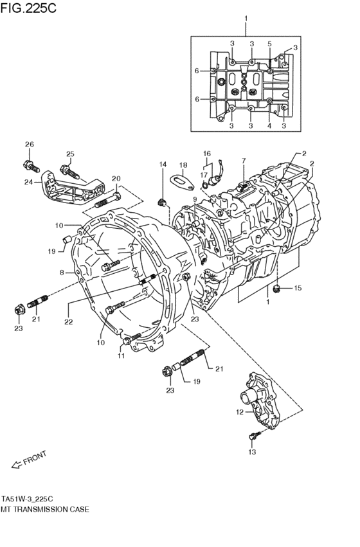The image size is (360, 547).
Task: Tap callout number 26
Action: [29, 144]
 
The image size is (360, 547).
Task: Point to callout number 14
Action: [163, 165]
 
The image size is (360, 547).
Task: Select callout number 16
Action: [206, 154]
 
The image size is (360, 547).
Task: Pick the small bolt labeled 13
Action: [252, 437]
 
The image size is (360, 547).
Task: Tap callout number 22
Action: [68, 321]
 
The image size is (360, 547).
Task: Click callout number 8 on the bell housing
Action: [62, 273]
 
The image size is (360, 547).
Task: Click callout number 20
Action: [116, 179]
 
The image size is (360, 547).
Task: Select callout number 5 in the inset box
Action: [270, 44]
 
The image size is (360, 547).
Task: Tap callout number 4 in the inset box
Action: [270, 126]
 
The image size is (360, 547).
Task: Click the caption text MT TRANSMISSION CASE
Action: [45, 508]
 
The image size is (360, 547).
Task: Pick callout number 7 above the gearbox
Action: [244, 160]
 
